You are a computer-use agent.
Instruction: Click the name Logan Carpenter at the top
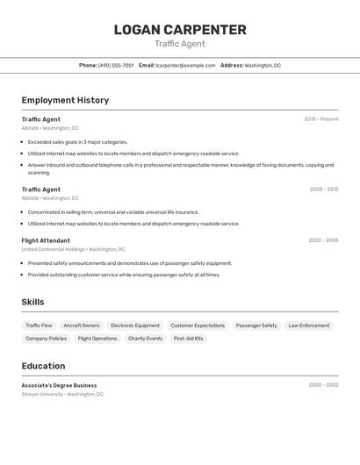click(x=180, y=30)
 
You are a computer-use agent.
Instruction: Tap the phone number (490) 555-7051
click(x=116, y=65)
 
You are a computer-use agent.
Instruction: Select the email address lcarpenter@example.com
click(x=185, y=65)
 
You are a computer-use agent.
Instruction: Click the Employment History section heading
click(x=65, y=100)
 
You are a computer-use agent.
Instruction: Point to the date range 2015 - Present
click(x=320, y=119)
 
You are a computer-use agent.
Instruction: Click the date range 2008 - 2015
click(x=323, y=190)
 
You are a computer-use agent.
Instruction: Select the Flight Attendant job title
click(x=46, y=240)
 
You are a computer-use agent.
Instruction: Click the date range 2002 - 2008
click(x=323, y=240)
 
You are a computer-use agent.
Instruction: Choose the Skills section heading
click(x=32, y=302)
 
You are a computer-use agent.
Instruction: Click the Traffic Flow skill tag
click(x=39, y=325)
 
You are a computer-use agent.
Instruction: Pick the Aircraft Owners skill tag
click(x=82, y=325)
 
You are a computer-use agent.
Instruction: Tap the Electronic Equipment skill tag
click(x=135, y=325)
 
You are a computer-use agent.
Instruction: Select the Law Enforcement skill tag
click(x=309, y=325)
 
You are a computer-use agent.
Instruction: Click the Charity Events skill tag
click(x=145, y=339)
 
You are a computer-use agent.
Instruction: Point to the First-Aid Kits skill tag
click(x=188, y=339)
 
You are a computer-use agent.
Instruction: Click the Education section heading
click(x=43, y=366)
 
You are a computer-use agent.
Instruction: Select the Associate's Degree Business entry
click(x=59, y=385)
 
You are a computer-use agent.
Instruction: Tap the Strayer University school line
click(x=62, y=394)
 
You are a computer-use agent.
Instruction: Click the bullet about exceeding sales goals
click(x=77, y=142)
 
